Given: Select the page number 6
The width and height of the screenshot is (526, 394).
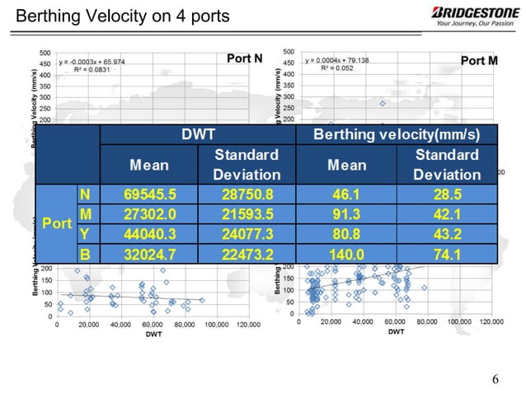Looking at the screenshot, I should click(495, 378).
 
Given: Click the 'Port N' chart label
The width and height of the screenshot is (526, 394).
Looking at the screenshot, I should click(244, 59).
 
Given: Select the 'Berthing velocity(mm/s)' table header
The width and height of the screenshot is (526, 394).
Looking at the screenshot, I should click(397, 134).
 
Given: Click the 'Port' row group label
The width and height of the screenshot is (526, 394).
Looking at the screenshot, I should click(56, 223).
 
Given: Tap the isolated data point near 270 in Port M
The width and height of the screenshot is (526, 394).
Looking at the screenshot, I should click(383, 104).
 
